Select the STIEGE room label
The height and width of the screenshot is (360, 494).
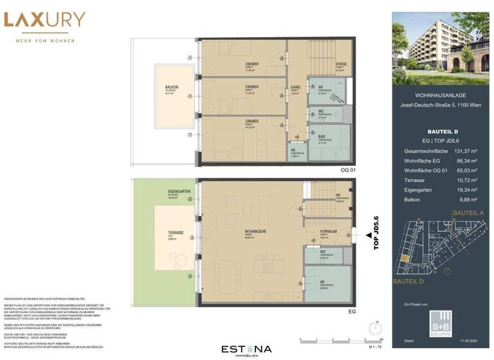point(341,64)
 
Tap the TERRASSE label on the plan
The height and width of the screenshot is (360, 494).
point(176,233)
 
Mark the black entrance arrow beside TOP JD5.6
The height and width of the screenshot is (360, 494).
point(369,236)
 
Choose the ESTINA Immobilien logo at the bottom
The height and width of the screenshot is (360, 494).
point(247,350)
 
